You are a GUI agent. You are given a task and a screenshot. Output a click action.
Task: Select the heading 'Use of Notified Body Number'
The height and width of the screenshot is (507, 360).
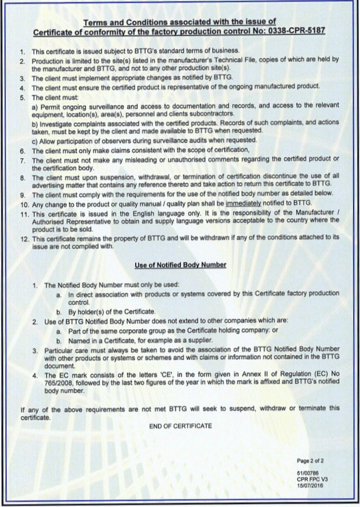coord(180,265)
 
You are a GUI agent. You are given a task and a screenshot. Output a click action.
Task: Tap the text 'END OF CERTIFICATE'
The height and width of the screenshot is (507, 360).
coord(180,426)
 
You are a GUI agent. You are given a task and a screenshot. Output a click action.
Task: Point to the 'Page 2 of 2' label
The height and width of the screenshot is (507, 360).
coord(310,461)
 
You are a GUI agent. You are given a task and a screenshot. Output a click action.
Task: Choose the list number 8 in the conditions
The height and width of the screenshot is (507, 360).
coord(23,178)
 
